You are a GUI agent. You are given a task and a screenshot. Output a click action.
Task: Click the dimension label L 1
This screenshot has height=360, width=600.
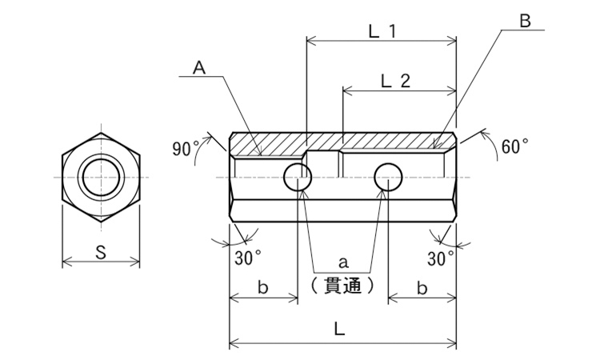[x=382, y=31]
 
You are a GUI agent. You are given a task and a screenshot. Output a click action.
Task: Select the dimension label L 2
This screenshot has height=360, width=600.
[x=396, y=81]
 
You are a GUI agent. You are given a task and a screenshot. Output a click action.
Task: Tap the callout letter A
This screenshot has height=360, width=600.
[x=199, y=68]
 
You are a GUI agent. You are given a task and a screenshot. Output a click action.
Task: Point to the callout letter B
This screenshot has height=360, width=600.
[x=525, y=21]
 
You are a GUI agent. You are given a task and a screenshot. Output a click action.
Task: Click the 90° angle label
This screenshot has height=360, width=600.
[x=186, y=149]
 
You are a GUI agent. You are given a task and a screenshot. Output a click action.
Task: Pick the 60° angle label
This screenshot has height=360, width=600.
[x=514, y=146]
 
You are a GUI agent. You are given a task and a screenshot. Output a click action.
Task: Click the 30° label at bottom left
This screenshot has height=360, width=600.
[x=248, y=258]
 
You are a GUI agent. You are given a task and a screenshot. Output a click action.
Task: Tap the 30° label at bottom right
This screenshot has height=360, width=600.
[x=441, y=258]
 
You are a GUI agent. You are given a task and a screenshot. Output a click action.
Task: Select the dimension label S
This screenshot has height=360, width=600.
[x=101, y=253]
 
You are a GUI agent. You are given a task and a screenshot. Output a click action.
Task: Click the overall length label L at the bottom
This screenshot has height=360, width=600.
[x=339, y=329]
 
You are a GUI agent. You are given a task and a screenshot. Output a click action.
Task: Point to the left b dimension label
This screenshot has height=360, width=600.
[x=262, y=288]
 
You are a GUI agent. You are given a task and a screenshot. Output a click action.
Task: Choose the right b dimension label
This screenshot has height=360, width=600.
[x=422, y=288]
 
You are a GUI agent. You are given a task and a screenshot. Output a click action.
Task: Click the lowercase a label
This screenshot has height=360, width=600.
[x=343, y=262]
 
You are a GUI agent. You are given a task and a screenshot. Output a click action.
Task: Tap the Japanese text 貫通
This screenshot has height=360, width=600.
[x=342, y=285]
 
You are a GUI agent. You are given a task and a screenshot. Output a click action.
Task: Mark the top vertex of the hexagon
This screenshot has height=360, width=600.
[x=102, y=133]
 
